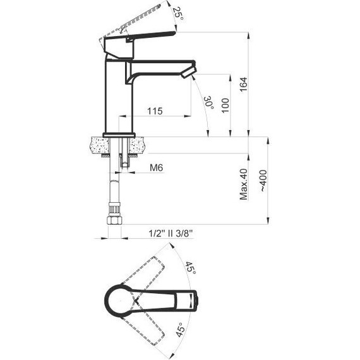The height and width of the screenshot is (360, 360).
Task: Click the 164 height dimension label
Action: tap(244, 85)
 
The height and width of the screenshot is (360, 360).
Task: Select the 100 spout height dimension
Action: tap(225, 105)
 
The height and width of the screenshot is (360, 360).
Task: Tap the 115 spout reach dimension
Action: tap(155, 111)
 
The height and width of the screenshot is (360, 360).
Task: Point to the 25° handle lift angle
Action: tap(178, 13)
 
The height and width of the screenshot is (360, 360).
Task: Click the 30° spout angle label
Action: tap(209, 102)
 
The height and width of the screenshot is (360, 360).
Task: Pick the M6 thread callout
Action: tap(157, 167)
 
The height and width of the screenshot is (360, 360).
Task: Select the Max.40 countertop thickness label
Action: tap(244, 184)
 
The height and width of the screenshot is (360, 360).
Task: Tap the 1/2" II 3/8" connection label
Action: tap(171, 234)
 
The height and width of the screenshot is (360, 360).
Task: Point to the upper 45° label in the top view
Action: tap(191, 268)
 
